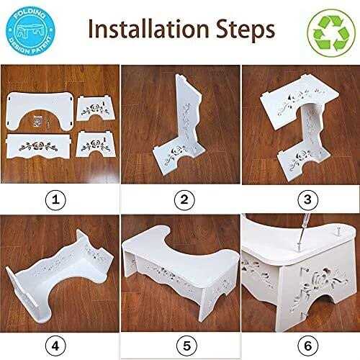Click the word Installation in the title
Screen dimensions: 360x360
click(148, 29)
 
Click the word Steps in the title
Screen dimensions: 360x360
click(246, 31)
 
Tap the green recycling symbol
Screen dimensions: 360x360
click(331, 33)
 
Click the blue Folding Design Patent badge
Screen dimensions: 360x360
click(30, 31)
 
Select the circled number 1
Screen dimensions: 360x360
click(55, 199)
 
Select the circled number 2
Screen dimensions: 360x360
click(184, 199)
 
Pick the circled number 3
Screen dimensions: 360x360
click(307, 199)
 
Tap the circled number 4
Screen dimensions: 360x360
click(55, 346)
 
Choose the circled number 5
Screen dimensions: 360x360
click(186, 346)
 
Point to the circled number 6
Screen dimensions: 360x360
click(308, 346)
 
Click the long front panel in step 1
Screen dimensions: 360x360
click(38, 146)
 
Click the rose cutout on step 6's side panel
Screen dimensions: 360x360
click(322, 279)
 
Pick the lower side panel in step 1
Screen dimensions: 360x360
click(96, 144)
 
